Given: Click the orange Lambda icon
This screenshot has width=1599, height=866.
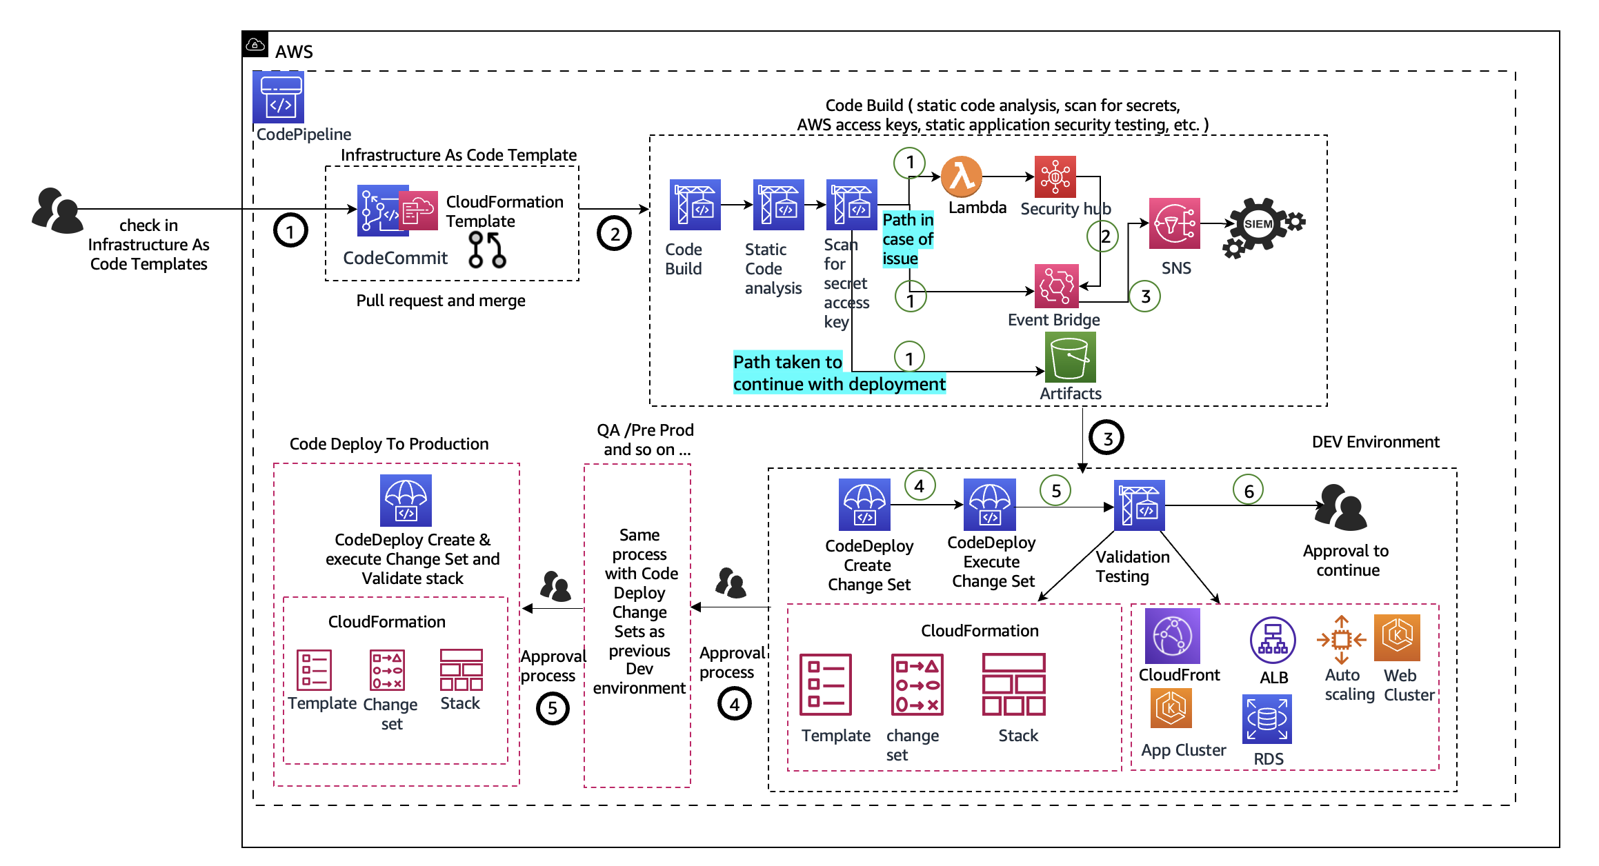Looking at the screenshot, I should pyautogui.click(x=962, y=177).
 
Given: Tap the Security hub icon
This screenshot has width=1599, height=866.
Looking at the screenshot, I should pyautogui.click(x=1055, y=177).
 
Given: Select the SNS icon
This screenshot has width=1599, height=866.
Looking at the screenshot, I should pyautogui.click(x=1174, y=223).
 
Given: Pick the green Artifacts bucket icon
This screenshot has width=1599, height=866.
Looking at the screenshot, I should pyautogui.click(x=1070, y=357).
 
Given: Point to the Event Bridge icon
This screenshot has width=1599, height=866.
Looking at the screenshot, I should pyautogui.click(x=1056, y=285).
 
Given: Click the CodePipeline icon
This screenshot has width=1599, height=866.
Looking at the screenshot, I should pyautogui.click(x=279, y=98).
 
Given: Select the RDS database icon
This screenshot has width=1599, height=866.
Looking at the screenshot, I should pyautogui.click(x=1267, y=719).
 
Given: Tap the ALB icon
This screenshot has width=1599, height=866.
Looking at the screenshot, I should pyautogui.click(x=1272, y=640).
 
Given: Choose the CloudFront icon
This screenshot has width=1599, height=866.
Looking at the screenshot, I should pyautogui.click(x=1172, y=636).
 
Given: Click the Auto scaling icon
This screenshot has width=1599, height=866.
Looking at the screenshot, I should pyautogui.click(x=1341, y=640).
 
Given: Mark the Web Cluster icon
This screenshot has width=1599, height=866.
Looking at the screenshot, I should pyautogui.click(x=1397, y=637).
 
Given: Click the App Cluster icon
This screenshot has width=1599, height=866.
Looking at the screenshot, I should pyautogui.click(x=1171, y=708).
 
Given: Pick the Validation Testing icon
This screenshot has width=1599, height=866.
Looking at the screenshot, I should pyautogui.click(x=1139, y=505).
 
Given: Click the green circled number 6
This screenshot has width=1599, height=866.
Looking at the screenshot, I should pyautogui.click(x=1248, y=491).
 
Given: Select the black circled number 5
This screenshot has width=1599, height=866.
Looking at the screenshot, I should pyautogui.click(x=553, y=708).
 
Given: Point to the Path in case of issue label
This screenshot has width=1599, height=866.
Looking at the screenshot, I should pyautogui.click(x=908, y=239).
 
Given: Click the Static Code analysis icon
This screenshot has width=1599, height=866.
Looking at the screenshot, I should pyautogui.click(x=778, y=205).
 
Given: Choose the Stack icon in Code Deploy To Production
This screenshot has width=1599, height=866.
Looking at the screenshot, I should pyautogui.click(x=461, y=669).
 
